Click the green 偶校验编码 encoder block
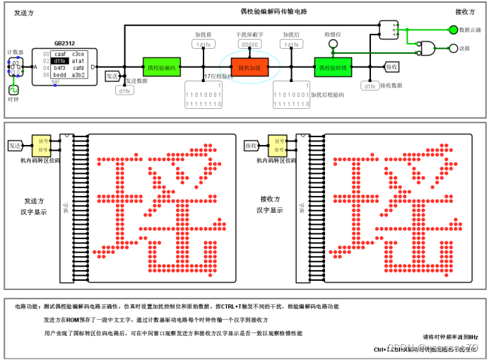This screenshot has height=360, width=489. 163,67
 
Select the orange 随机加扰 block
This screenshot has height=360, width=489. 251,67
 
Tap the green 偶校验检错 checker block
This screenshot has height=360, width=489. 333,67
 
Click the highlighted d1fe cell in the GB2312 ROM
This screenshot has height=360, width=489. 59,61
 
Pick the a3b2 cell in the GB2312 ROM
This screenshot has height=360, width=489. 78,75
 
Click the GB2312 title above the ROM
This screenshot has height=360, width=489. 64,43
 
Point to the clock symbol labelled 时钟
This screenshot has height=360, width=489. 13,90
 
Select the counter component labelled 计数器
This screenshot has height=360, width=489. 16,67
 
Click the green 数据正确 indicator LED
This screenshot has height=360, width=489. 453,30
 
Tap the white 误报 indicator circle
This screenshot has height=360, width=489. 453,48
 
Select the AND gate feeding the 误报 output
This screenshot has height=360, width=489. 427,48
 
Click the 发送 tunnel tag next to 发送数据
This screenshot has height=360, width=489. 112,76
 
